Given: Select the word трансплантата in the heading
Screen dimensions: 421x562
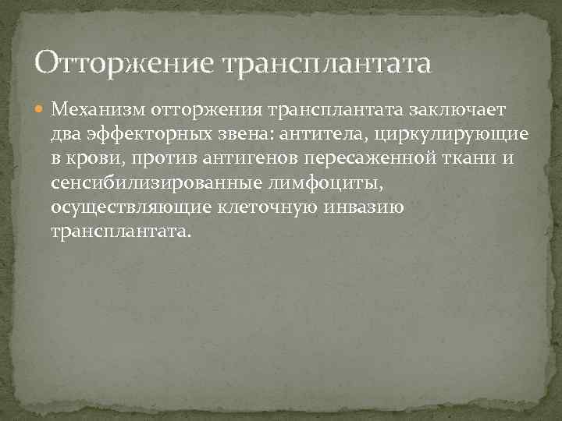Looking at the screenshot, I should pyautogui.click(x=326, y=62).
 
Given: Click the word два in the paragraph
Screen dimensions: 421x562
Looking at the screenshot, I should pyautogui.click(x=66, y=135).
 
